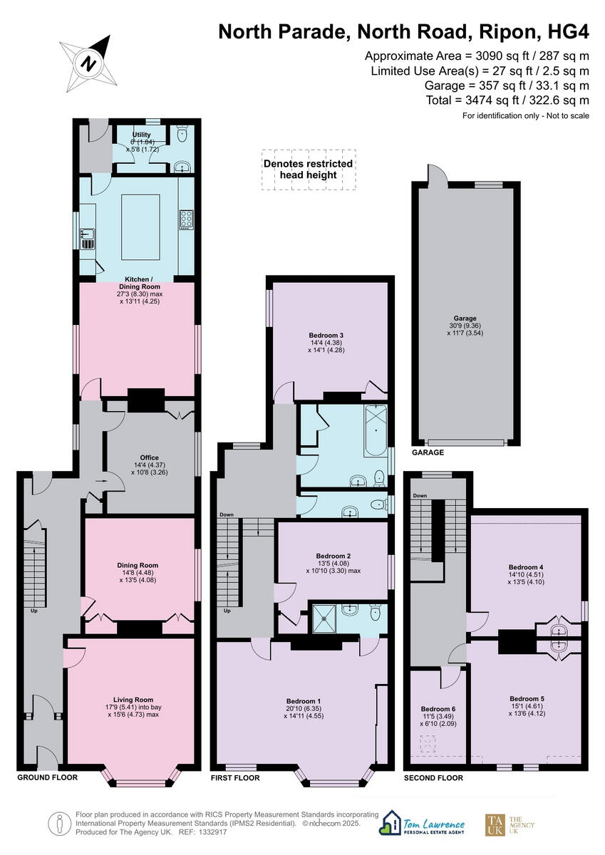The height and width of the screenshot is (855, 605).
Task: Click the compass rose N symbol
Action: pos(89,63)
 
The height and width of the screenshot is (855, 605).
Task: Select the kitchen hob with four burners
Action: pos(187,219)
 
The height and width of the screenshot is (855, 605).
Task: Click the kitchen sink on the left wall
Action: pos(88,237)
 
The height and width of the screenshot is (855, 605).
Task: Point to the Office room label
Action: pos(150,458)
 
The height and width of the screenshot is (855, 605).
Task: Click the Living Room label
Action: pos(133,700)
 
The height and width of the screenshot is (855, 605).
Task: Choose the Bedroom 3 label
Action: pos(326,335)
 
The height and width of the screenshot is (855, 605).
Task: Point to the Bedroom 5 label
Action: pos(527,698)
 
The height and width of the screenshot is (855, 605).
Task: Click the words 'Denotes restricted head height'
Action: pos(308,169)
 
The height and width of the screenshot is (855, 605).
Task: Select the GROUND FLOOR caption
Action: pos(47,777)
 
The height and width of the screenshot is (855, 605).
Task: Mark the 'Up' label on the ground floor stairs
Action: pos(33,611)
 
